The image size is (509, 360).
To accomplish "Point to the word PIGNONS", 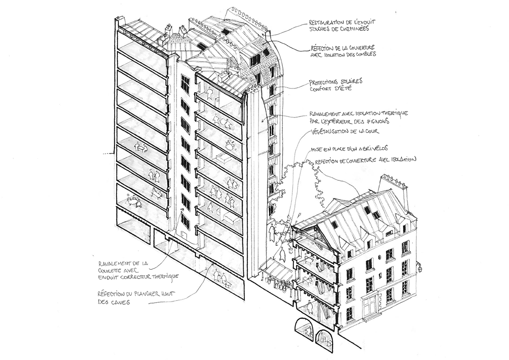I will tap(377, 121).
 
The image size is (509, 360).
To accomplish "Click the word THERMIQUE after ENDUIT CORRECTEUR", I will tap(162, 277).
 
